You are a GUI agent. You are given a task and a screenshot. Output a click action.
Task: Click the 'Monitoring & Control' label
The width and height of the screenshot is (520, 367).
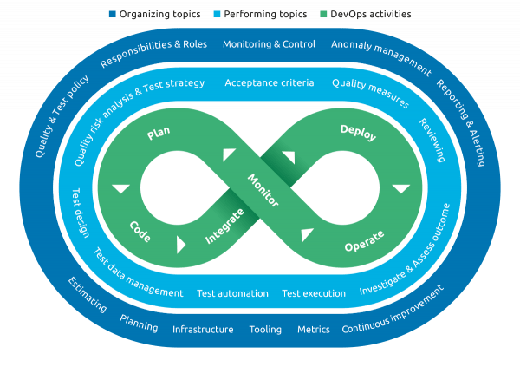tap(270, 44)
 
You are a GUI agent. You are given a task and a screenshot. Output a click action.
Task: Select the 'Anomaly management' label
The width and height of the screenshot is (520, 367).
tap(380, 53)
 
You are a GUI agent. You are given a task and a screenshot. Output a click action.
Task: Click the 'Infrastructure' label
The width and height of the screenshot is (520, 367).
tap(203, 330)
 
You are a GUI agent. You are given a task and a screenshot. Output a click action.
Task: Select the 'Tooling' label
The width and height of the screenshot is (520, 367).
tap(265, 330)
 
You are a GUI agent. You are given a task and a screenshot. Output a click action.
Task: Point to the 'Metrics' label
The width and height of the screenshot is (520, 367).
tap(314, 330)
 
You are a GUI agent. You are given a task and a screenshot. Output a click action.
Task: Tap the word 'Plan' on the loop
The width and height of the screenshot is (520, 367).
tap(159, 134)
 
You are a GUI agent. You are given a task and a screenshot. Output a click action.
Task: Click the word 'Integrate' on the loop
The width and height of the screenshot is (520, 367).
tap(224, 226)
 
